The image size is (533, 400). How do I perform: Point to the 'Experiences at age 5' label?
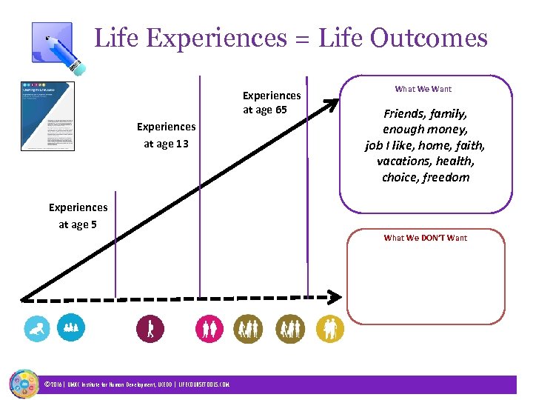(78, 216)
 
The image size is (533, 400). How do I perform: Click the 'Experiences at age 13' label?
(166, 135)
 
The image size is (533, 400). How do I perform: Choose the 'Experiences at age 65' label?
(272, 102)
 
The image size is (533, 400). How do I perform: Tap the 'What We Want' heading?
(423, 89)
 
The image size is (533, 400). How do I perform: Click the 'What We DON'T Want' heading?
(425, 238)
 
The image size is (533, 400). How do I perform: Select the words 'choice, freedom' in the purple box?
(425, 177)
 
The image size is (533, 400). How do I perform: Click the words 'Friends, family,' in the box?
(425, 114)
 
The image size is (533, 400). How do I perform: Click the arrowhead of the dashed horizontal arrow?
(335, 297)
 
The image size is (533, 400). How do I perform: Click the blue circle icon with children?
(71, 327)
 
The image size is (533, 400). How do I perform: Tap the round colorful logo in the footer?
(24, 383)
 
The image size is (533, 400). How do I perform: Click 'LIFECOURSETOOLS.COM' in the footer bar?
(204, 384)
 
